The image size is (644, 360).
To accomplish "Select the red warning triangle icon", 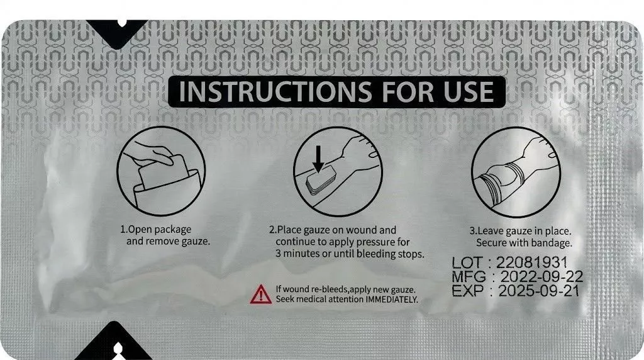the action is [261, 295].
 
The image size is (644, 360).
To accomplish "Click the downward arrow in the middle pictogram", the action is [318, 159].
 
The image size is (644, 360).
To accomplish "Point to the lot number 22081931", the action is [531, 262].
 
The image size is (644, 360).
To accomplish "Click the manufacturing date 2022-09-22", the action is [541, 276].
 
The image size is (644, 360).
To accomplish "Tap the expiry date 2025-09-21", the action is [539, 291].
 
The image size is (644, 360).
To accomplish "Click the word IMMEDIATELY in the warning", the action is [391, 300].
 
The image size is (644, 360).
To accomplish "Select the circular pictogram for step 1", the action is [161, 171].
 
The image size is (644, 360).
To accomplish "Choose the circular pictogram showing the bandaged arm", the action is [516, 172].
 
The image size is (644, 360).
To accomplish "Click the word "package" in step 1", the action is [173, 230].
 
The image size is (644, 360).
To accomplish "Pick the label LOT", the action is [467, 262].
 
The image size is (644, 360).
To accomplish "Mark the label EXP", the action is [467, 291].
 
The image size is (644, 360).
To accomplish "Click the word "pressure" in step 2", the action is [374, 242].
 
